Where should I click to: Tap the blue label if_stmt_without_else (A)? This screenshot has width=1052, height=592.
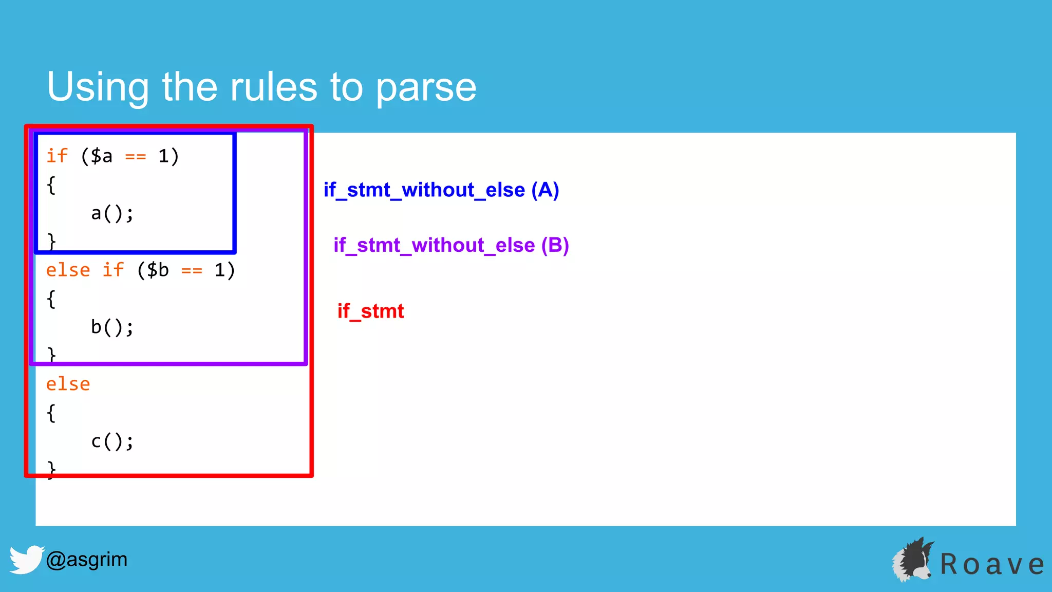click(x=441, y=190)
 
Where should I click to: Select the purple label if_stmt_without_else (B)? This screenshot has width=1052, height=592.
click(x=451, y=245)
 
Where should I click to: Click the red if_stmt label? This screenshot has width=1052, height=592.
click(x=370, y=311)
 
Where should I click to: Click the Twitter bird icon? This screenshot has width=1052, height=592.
click(x=26, y=559)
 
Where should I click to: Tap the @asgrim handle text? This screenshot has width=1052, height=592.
click(x=86, y=559)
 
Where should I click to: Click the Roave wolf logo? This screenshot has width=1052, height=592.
click(x=913, y=560)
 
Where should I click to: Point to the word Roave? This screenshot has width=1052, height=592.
click(x=991, y=564)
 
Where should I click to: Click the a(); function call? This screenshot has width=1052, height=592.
click(x=112, y=213)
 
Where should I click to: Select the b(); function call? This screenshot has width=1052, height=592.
click(x=112, y=327)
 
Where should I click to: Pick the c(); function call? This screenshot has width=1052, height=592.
click(x=112, y=441)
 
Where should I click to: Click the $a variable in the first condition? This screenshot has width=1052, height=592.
click(x=102, y=156)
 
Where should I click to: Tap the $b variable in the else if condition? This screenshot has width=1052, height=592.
click(x=158, y=270)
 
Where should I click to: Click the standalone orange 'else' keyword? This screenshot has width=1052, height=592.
click(x=68, y=384)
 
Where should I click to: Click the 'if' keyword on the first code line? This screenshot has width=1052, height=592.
click(x=57, y=156)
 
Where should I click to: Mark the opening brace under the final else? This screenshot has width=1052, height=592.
click(x=51, y=413)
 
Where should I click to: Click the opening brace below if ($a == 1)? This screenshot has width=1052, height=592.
click(x=51, y=185)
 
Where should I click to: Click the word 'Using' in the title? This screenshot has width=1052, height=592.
click(x=98, y=87)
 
